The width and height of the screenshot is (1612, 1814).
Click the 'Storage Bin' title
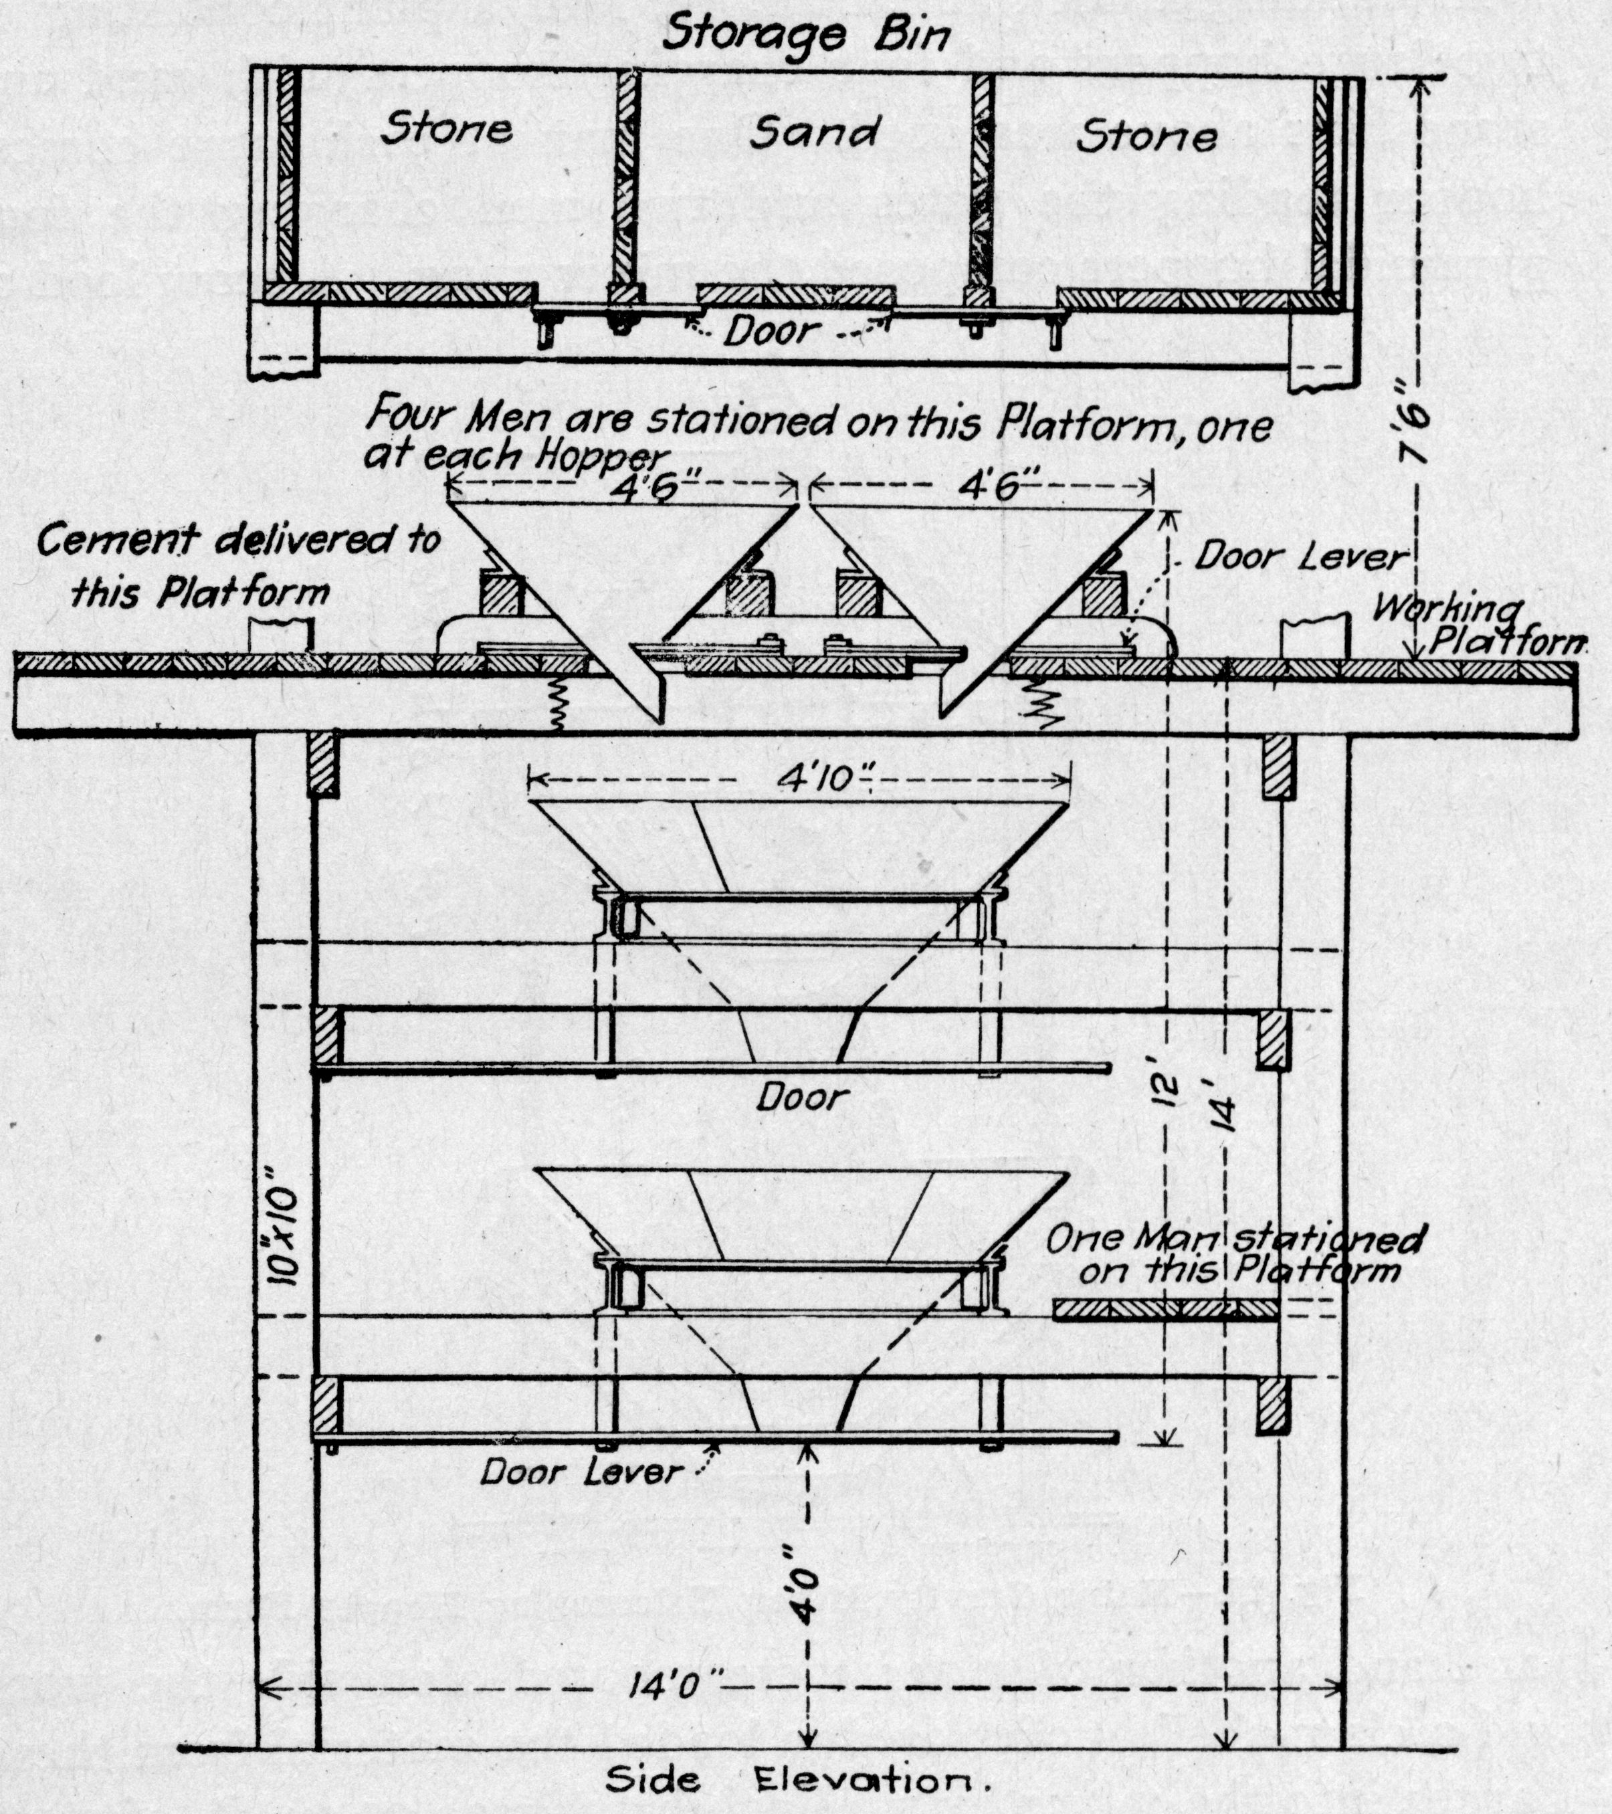click(x=806, y=35)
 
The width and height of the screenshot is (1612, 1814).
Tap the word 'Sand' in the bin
click(x=814, y=133)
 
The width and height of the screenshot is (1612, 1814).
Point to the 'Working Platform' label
click(x=1474, y=625)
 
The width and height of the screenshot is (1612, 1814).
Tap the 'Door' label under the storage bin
click(x=771, y=331)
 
